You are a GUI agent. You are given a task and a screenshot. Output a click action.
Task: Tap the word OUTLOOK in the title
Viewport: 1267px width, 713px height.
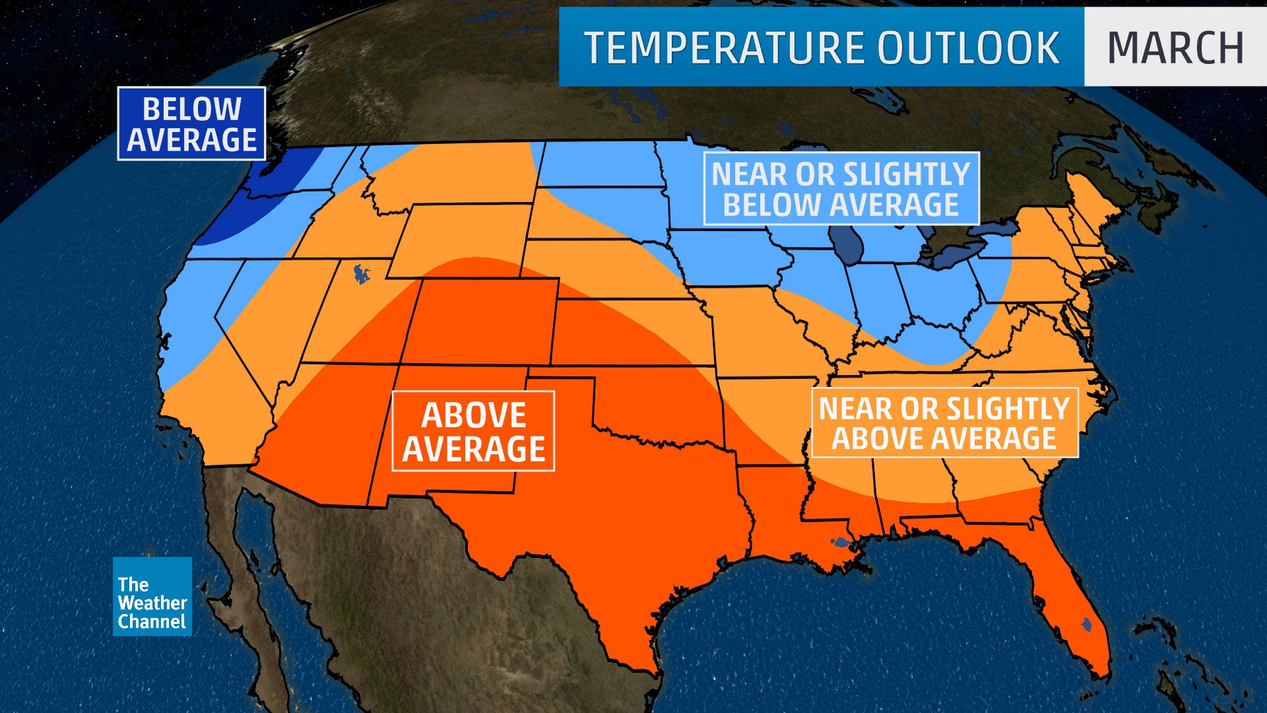tap(968, 48)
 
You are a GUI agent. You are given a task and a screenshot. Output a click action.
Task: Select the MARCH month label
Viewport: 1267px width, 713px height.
tap(1175, 48)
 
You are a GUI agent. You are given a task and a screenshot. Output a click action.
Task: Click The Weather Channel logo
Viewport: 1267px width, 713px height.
tap(152, 597)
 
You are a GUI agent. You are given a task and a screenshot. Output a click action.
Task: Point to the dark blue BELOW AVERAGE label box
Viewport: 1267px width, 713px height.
tap(191, 124)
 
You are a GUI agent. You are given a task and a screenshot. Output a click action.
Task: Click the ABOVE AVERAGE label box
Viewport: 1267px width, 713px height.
tap(473, 431)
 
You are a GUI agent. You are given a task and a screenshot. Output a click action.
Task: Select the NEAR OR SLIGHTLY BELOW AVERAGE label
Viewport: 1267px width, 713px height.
tap(841, 189)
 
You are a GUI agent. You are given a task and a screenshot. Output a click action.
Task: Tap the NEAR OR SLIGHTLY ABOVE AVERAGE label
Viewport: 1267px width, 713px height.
tap(944, 423)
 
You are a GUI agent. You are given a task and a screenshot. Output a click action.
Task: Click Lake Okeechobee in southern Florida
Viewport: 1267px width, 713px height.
tap(1086, 623)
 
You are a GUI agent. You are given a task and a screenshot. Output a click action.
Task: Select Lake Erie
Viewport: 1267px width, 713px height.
tap(957, 254)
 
